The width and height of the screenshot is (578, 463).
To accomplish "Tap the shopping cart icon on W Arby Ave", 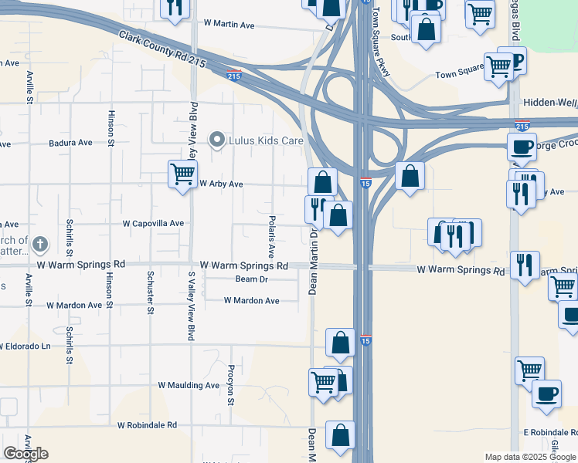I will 182,174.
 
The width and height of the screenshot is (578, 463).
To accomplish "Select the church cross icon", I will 40,245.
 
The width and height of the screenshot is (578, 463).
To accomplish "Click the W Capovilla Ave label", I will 153,224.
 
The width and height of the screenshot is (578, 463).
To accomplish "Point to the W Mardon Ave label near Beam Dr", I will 251,300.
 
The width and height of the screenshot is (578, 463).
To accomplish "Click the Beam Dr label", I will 251,279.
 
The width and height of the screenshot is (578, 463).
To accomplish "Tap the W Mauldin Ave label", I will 189,385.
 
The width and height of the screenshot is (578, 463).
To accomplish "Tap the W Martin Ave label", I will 229,25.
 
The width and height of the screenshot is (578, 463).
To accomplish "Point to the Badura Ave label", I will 70,143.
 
